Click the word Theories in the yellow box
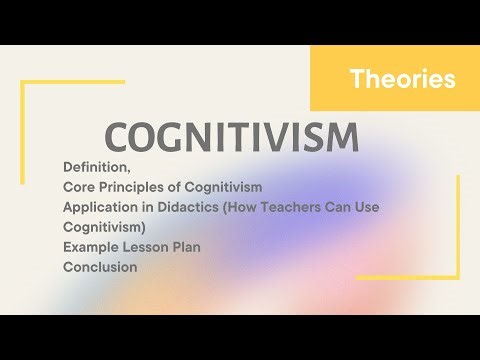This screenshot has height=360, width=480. click(x=403, y=79)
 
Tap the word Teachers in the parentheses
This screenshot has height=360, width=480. click(x=307, y=206)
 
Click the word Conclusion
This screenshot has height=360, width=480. click(x=100, y=267)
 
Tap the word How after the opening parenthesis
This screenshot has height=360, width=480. click(x=253, y=206)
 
